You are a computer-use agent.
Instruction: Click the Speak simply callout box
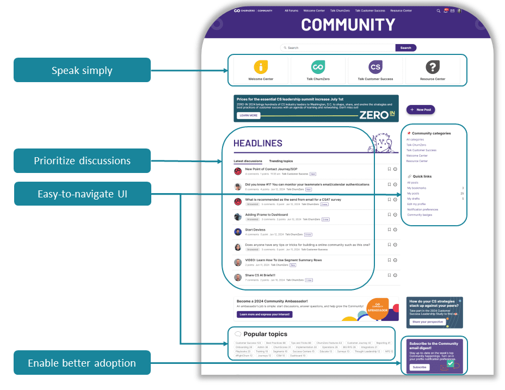82,70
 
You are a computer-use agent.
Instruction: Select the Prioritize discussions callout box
82,160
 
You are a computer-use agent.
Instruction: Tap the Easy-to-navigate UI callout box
82,194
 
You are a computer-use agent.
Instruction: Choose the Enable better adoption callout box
82,363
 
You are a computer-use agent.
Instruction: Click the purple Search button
406,48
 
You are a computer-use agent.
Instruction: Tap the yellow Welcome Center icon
261,67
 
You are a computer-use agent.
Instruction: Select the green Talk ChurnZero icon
318,67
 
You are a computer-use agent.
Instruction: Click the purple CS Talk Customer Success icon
375,67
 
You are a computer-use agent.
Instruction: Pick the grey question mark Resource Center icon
433,67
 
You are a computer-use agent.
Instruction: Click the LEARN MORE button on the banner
248,115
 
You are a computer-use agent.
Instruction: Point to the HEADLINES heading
258,144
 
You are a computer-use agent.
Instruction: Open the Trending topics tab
281,161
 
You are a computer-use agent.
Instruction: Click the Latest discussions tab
248,161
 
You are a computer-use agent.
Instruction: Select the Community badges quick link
419,215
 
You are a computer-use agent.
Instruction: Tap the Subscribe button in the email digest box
420,367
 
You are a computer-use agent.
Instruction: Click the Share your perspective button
427,322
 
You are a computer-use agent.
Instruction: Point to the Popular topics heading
265,334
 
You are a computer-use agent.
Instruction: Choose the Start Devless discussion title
255,230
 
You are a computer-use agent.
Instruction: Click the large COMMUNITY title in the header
348,25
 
